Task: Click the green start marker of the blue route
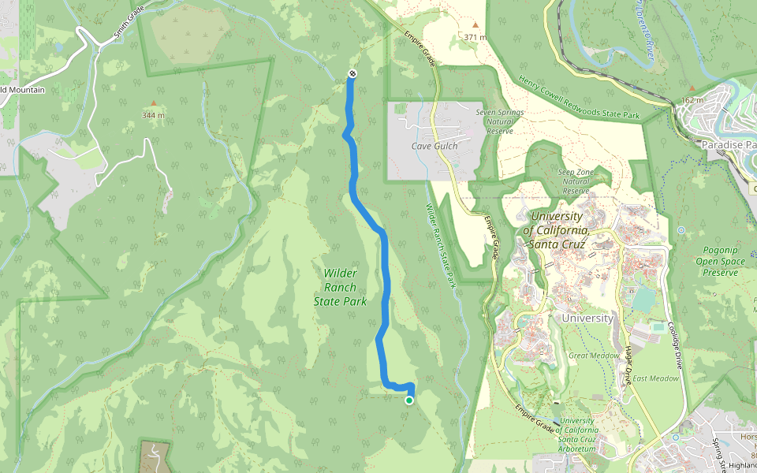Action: [409, 400]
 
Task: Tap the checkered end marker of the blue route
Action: [352, 74]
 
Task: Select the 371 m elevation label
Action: [475, 37]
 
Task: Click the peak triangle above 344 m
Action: [154, 103]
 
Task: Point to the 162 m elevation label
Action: [692, 100]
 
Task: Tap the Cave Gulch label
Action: [434, 146]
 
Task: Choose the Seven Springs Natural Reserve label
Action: [500, 121]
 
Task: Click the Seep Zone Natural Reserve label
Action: [576, 181]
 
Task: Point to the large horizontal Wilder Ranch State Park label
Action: [340, 287]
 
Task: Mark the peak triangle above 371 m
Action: [475, 25]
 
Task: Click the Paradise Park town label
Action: [729, 146]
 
